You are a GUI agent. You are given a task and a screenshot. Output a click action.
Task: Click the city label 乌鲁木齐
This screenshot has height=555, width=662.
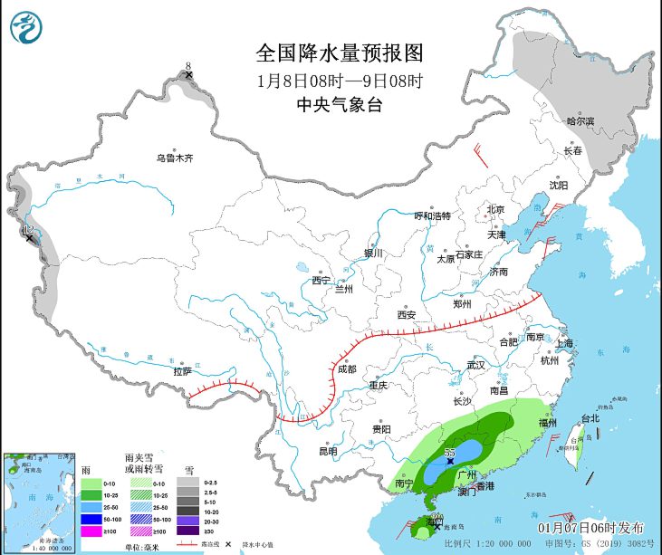point(174,158)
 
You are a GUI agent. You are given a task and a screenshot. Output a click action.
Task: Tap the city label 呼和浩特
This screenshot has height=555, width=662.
point(432,215)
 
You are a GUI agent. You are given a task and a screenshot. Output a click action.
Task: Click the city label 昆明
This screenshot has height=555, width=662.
point(327,451)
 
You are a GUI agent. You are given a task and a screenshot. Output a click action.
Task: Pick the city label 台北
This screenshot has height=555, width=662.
point(590,418)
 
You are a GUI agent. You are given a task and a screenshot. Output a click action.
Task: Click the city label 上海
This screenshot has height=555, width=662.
point(564,343)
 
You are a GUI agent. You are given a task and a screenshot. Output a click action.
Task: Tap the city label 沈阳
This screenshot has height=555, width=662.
point(558,186)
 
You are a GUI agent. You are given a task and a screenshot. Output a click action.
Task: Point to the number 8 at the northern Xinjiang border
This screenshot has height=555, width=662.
point(188,66)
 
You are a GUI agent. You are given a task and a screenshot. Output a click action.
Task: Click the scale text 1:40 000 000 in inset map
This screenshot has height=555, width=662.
point(53,548)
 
